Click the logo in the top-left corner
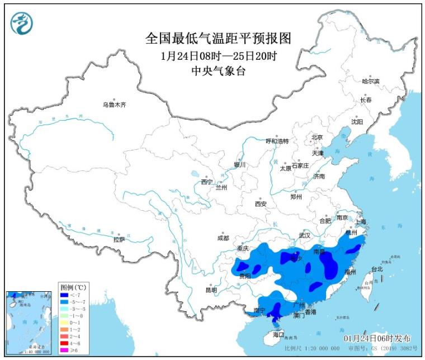click(22, 23)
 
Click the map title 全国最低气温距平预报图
click(219, 39)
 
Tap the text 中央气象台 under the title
click(219, 70)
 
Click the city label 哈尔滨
click(370, 82)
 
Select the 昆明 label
click(210, 290)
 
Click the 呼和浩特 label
click(277, 141)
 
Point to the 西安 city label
click(261, 203)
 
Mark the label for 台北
click(377, 269)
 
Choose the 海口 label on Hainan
click(278, 334)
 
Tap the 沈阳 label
click(357, 121)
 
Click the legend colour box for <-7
click(65, 294)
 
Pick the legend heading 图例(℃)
click(72, 286)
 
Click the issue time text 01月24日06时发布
click(377, 339)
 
